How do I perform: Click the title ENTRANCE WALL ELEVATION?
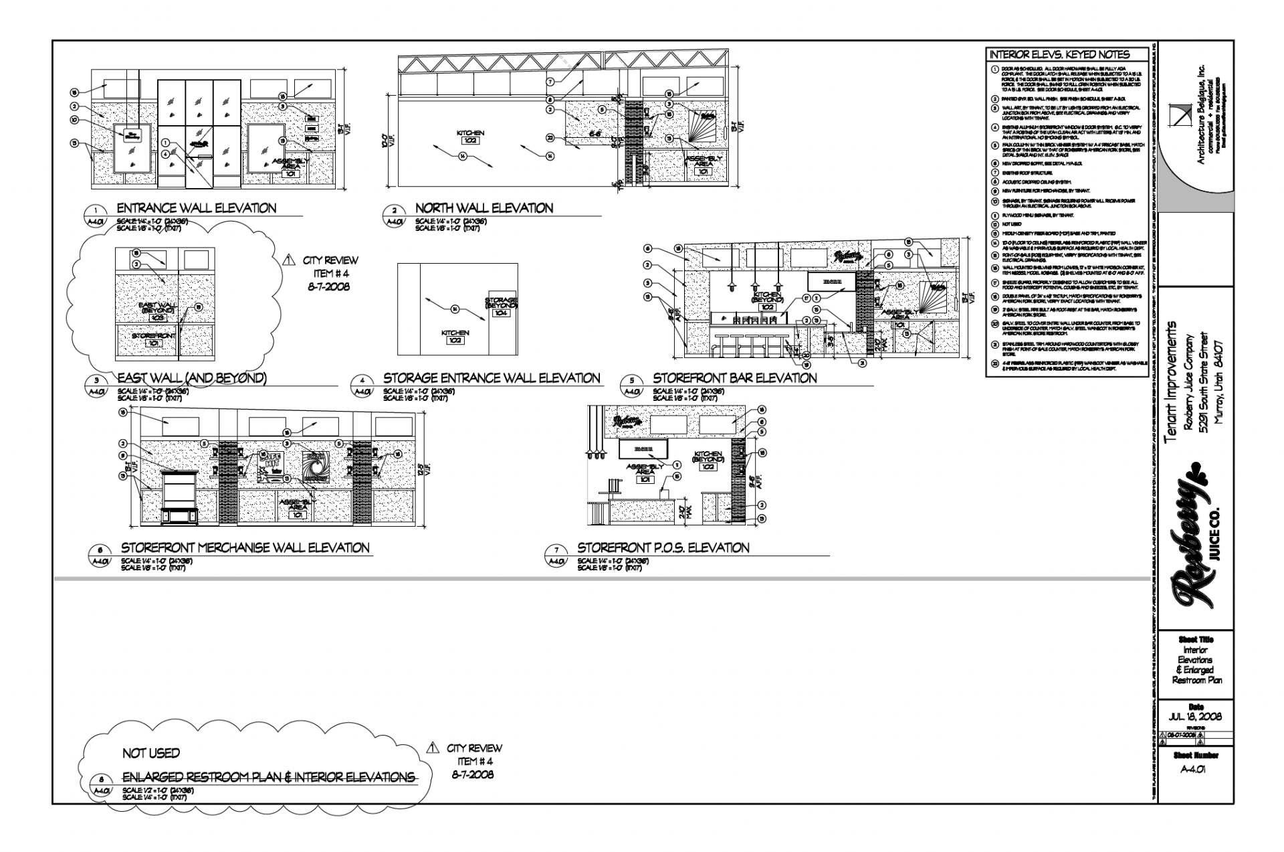pos(196,208)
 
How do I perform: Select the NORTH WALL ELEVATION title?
pos(484,208)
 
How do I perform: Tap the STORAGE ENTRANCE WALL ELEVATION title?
pos(492,378)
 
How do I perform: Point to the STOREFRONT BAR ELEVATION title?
pos(734,378)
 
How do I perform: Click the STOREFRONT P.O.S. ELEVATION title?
pos(663,548)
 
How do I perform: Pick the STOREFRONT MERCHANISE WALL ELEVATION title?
pos(245,548)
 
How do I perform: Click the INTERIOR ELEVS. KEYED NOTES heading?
pos(1059,55)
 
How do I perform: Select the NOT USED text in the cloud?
pos(151,754)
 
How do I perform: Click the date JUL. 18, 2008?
pos(1196,717)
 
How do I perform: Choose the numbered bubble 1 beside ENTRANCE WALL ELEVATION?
pos(96,209)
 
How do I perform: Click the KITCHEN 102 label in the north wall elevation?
pos(470,137)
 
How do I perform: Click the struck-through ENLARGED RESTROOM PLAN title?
pos(268,777)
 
